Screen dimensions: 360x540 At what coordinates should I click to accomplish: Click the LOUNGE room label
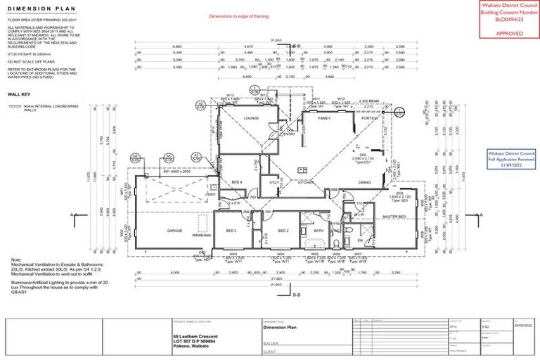coord(252,119)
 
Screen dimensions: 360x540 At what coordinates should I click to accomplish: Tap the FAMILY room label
coord(324,118)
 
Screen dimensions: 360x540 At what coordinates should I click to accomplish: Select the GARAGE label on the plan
coord(174,230)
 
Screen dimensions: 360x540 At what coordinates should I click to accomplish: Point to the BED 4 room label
coord(237,182)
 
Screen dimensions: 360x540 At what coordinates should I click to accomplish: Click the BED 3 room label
coord(231,231)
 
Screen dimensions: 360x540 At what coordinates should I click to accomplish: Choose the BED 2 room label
coord(283,231)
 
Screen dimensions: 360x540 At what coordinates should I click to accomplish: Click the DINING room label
coord(365,182)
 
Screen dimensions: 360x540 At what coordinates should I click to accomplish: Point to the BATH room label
coord(318,231)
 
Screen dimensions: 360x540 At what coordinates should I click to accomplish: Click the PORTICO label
coord(369,118)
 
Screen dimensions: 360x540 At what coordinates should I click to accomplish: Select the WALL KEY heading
coord(19,93)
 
